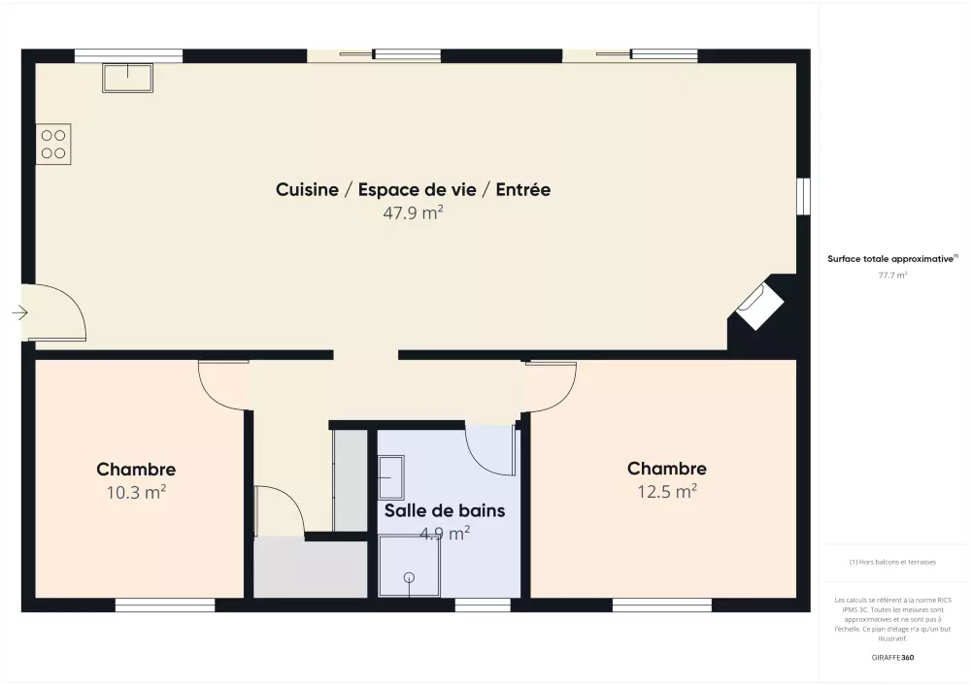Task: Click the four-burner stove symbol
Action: tap(53, 145)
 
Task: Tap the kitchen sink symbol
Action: tap(127, 78)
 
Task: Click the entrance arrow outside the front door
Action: tap(19, 313)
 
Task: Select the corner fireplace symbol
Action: tap(759, 307)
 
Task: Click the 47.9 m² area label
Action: tap(413, 212)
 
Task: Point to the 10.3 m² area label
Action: tap(136, 492)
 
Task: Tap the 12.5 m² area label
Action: tap(668, 491)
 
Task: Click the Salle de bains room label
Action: tap(445, 510)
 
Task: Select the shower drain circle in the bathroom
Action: tap(409, 577)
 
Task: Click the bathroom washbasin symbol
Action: tap(391, 477)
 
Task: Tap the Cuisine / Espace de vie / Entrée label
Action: tap(413, 189)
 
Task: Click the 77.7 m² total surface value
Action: tap(892, 276)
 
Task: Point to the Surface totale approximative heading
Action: tap(892, 258)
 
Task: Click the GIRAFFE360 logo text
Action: tap(892, 658)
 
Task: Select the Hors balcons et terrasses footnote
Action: tap(892, 562)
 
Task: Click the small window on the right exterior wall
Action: tap(803, 197)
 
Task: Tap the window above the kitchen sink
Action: tap(129, 55)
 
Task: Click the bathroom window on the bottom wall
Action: tap(483, 604)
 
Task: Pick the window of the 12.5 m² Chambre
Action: tap(662, 604)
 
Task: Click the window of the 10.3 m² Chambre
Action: tap(165, 604)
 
